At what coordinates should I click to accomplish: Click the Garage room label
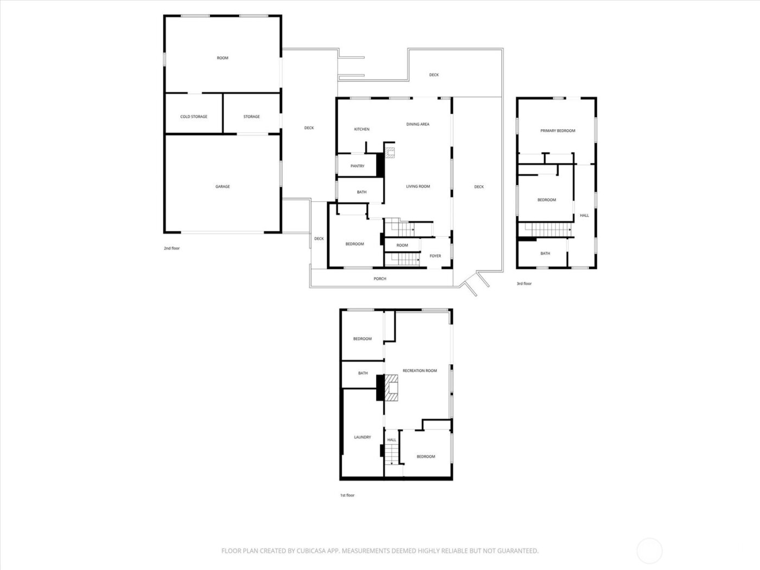click(223, 187)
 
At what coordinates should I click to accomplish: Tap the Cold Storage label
click(194, 117)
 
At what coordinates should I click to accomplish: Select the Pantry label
click(357, 166)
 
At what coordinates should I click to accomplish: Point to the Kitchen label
click(362, 129)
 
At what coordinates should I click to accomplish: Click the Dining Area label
click(417, 124)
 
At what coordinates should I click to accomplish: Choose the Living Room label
click(418, 187)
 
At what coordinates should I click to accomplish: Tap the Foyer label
click(435, 256)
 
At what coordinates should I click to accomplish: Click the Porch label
click(380, 279)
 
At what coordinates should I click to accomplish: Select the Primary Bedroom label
click(558, 131)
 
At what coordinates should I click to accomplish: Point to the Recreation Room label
click(420, 371)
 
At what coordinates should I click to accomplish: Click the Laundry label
click(362, 437)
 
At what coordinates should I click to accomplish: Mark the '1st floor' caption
click(347, 495)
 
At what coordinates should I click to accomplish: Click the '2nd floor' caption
click(172, 249)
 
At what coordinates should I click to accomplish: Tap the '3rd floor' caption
click(524, 283)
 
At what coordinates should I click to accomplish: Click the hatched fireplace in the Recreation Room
click(392, 388)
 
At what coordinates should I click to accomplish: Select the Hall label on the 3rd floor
click(584, 216)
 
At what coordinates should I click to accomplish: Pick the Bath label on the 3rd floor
click(545, 254)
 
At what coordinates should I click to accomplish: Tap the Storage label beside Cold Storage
click(251, 117)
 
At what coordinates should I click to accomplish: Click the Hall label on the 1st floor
click(391, 440)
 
